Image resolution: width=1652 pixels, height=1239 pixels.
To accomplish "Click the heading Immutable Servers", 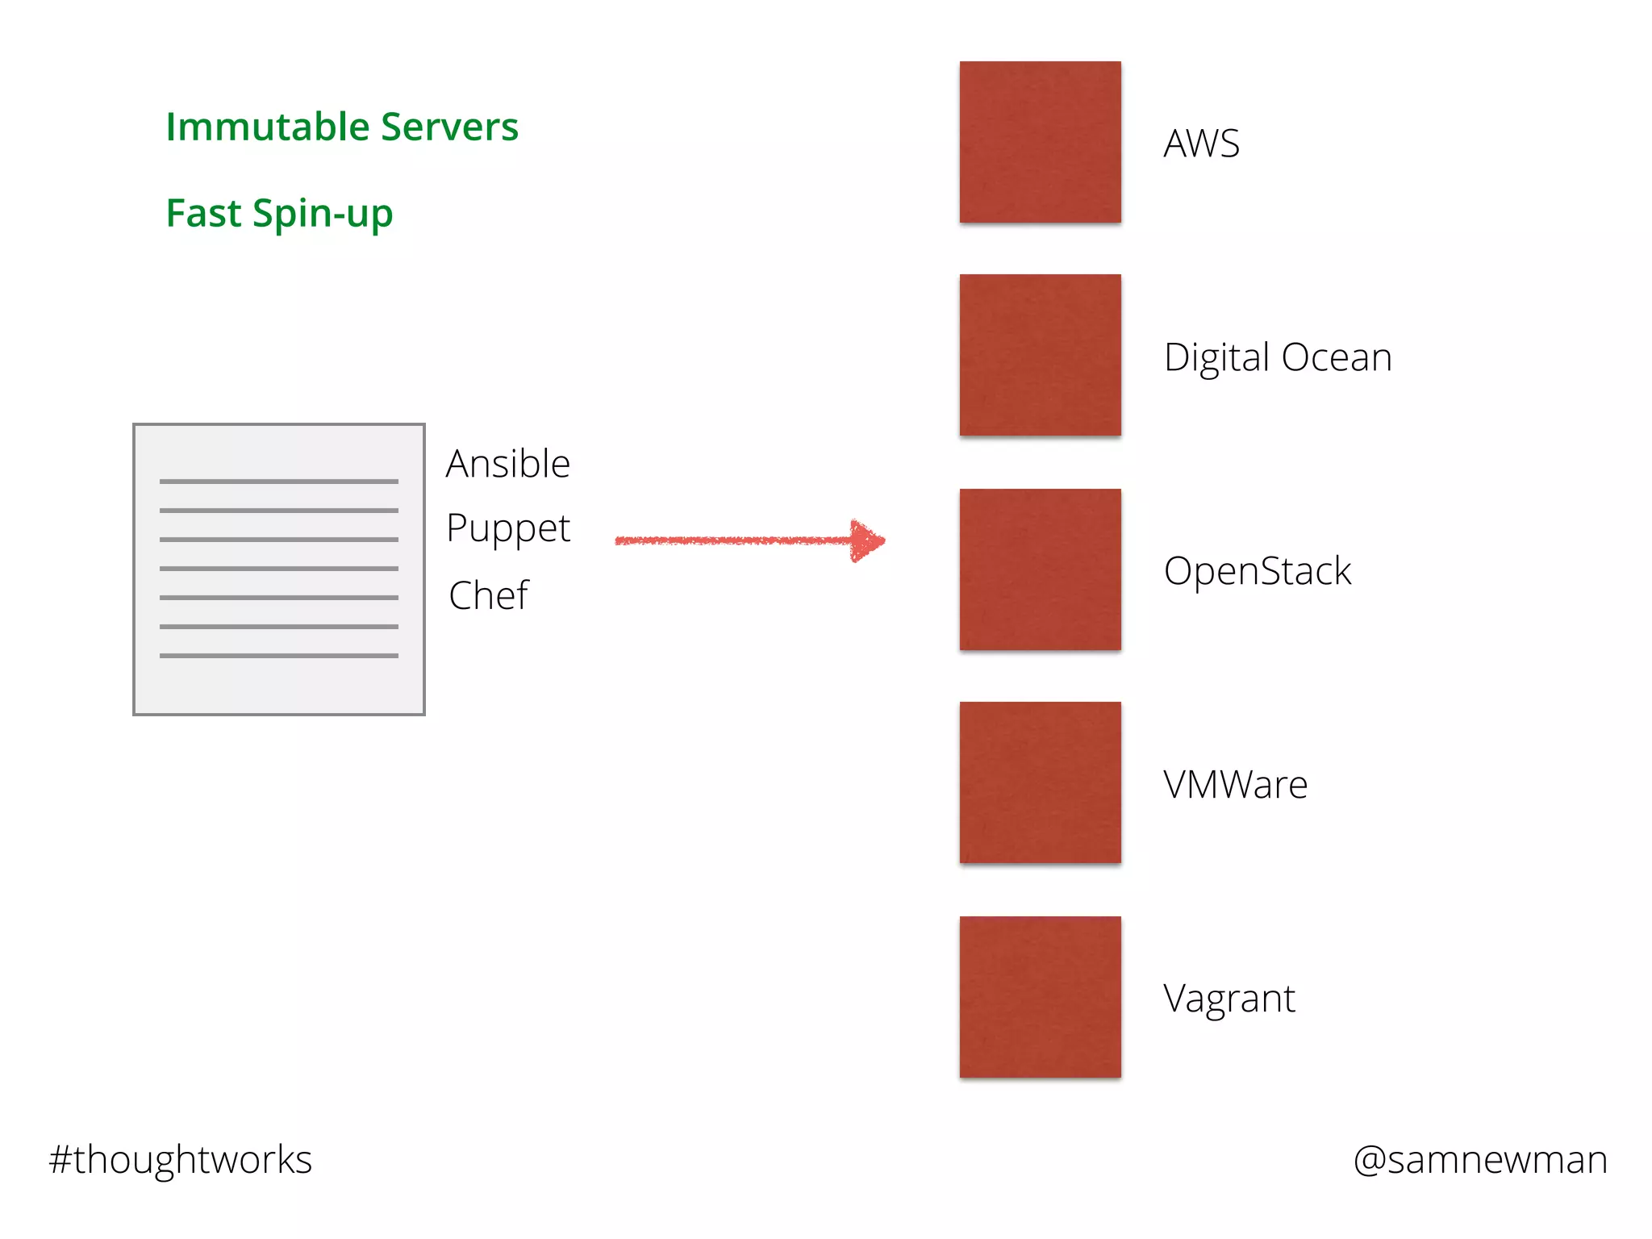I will pyautogui.click(x=342, y=127).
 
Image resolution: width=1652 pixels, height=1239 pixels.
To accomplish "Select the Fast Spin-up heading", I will pyautogui.click(x=279, y=214).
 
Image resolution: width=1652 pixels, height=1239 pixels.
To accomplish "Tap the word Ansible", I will pyautogui.click(x=508, y=465).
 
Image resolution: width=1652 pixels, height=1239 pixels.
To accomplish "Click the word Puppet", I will pyautogui.click(x=508, y=529).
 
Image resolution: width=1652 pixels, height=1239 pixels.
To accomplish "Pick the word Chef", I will pyautogui.click(x=489, y=596).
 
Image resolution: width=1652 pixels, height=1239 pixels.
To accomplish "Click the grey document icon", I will pyautogui.click(x=279, y=569).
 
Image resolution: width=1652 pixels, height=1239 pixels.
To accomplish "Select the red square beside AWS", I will pyautogui.click(x=1040, y=142).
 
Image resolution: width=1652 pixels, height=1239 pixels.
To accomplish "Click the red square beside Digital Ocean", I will pyautogui.click(x=1040, y=355).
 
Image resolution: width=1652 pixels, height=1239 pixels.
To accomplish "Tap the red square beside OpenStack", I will pyautogui.click(x=1040, y=569).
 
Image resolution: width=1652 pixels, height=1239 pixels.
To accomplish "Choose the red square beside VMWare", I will pyautogui.click(x=1040, y=782).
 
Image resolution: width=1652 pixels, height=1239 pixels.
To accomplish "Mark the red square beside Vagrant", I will pyautogui.click(x=1040, y=997).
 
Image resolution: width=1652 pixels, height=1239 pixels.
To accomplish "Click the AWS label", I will pyautogui.click(x=1201, y=144).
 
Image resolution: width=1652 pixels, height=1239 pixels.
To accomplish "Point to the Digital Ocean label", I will pyautogui.click(x=1278, y=357).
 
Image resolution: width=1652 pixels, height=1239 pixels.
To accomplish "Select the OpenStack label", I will pyautogui.click(x=1257, y=571).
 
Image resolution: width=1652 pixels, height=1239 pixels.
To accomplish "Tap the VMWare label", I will pyautogui.click(x=1235, y=785).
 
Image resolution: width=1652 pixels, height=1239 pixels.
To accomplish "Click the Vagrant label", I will pyautogui.click(x=1229, y=999).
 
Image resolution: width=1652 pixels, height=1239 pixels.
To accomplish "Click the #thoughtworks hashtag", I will pyautogui.click(x=181, y=1160).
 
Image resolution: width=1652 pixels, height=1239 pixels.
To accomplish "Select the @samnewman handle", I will pyautogui.click(x=1480, y=1160).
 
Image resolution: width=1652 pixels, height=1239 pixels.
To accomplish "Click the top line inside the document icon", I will pyautogui.click(x=279, y=482).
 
